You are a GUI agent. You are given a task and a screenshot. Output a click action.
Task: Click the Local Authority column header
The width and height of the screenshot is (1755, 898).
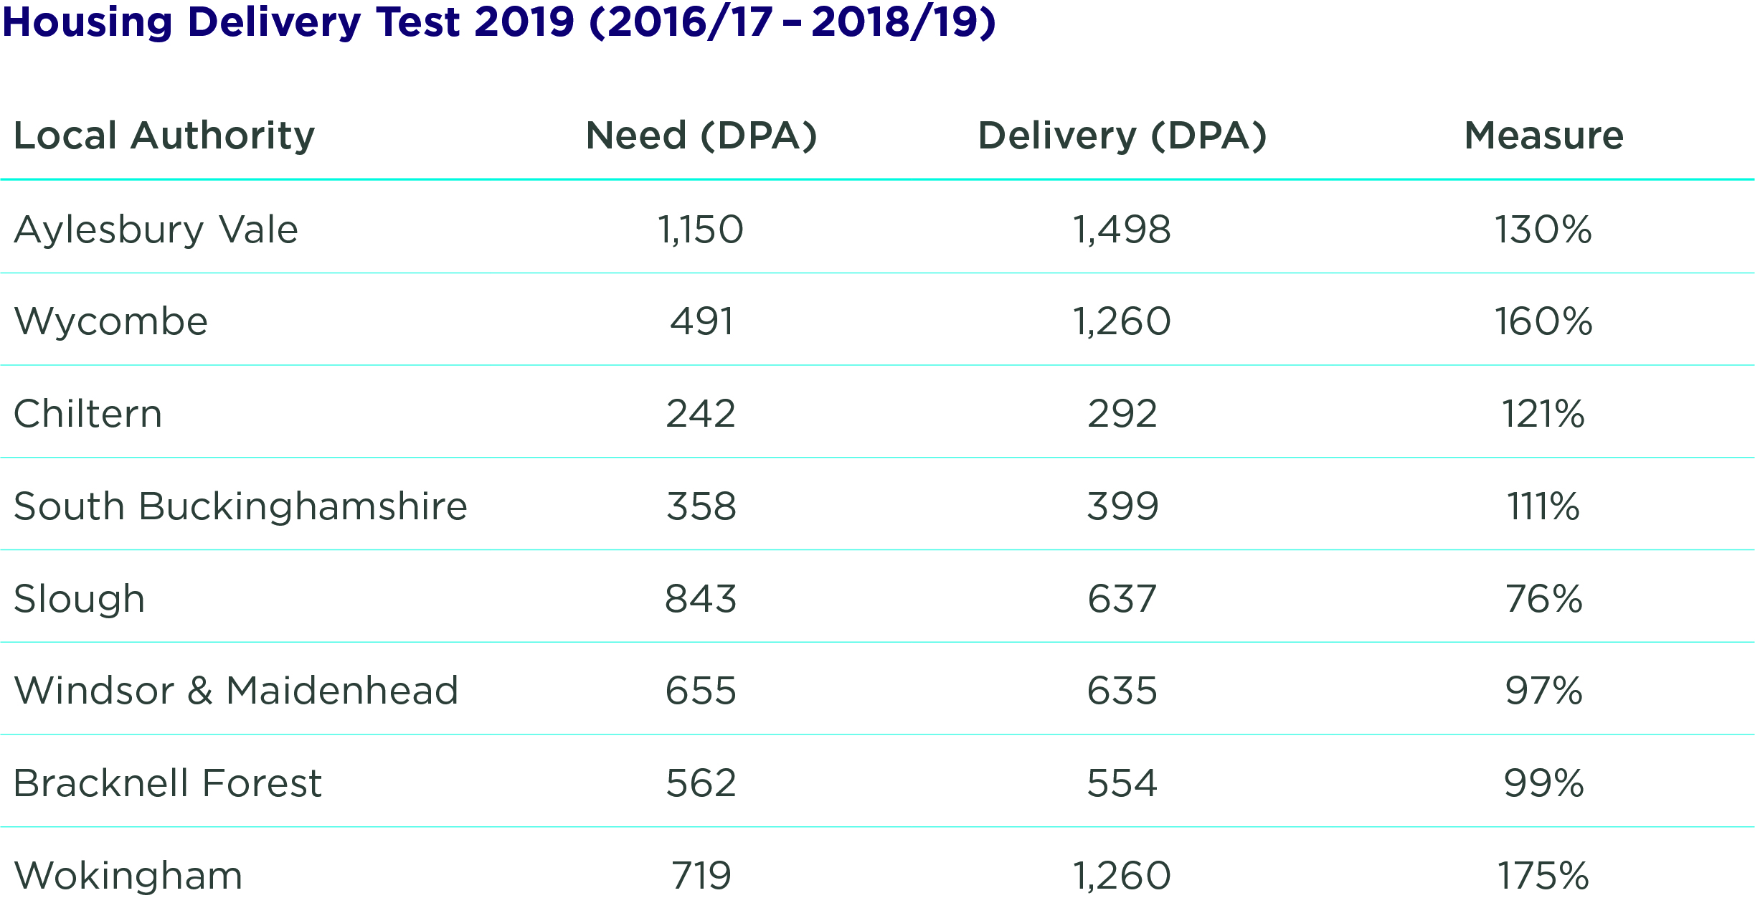pyautogui.click(x=164, y=136)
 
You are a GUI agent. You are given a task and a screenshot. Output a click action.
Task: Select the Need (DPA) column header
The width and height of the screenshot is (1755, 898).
pyautogui.click(x=701, y=136)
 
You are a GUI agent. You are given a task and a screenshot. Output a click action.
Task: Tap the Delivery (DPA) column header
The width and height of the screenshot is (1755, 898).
pyautogui.click(x=1122, y=136)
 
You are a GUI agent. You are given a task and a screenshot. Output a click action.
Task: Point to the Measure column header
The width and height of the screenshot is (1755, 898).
pyautogui.click(x=1543, y=136)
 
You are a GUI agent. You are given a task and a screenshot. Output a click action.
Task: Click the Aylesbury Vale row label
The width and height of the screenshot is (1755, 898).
pyautogui.click(x=156, y=230)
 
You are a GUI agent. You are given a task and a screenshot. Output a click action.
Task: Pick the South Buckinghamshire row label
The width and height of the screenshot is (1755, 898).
pyautogui.click(x=240, y=506)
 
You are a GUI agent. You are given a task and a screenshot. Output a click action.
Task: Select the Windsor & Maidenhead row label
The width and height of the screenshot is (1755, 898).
pyautogui.click(x=236, y=691)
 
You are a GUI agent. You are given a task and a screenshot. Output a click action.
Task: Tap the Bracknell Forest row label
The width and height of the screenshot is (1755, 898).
pyautogui.click(x=168, y=783)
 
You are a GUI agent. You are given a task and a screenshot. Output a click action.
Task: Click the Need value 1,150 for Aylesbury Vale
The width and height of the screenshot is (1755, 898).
pyautogui.click(x=701, y=230)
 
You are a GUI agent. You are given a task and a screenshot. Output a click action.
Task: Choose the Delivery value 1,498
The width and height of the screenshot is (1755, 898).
pyautogui.click(x=1122, y=230)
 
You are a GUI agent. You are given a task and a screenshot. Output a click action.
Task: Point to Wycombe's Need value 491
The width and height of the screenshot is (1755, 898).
pyautogui.click(x=701, y=321)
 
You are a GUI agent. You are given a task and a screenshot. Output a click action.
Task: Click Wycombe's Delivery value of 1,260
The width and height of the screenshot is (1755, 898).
pyautogui.click(x=1122, y=321)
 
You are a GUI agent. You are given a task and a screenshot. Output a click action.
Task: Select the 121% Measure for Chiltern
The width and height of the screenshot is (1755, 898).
pyautogui.click(x=1543, y=414)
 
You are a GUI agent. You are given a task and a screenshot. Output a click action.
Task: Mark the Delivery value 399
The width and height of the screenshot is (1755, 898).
pyautogui.click(x=1122, y=506)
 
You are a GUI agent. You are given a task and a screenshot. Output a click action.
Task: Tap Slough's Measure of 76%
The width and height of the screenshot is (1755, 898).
pyautogui.click(x=1543, y=599)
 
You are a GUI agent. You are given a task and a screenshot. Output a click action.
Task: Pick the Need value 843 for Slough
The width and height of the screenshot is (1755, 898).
pyautogui.click(x=701, y=599)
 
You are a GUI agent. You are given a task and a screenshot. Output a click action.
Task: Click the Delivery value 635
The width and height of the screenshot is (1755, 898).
pyautogui.click(x=1122, y=691)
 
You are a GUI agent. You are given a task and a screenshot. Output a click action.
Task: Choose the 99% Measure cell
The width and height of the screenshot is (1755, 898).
pyautogui.click(x=1543, y=783)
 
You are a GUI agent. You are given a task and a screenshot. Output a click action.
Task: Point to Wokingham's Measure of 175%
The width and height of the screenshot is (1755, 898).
pyautogui.click(x=1543, y=876)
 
